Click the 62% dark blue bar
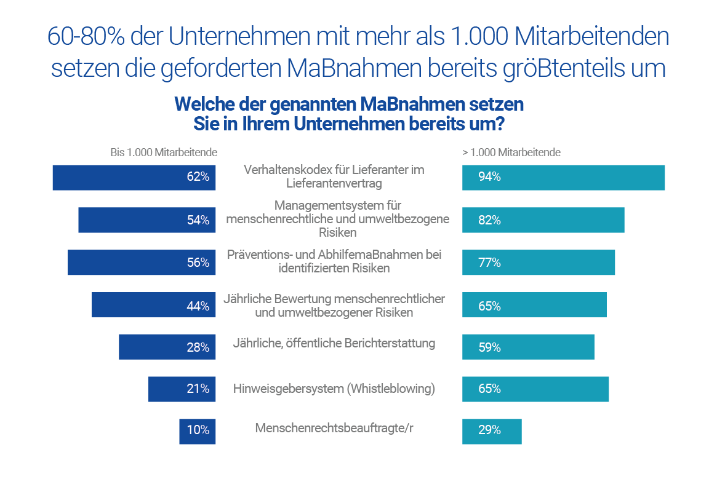[x=134, y=178]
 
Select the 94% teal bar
[x=563, y=178]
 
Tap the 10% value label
[x=198, y=430]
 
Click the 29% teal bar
[x=492, y=431]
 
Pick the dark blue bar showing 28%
[x=167, y=347]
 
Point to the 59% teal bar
[x=528, y=347]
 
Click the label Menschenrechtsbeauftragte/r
[x=334, y=428]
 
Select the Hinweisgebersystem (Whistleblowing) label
[x=334, y=389]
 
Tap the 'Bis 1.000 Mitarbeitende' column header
[x=164, y=152]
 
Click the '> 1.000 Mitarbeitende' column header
[x=511, y=152]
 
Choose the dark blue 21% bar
[x=182, y=389]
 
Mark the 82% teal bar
[x=543, y=220]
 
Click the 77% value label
[x=489, y=263]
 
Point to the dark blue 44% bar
[x=153, y=304]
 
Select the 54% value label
[x=198, y=220]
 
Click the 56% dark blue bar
[x=142, y=262]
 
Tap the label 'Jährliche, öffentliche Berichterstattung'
[x=334, y=344]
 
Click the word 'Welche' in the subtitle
[x=207, y=104]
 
